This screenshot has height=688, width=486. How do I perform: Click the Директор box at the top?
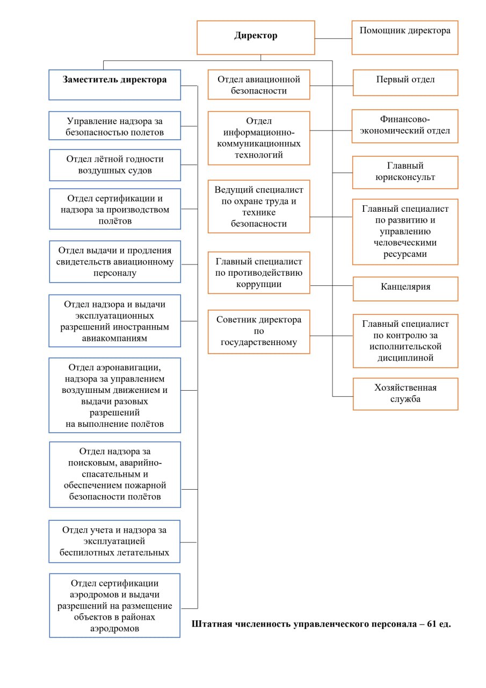(256, 38)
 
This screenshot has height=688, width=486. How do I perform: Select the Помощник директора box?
(405, 38)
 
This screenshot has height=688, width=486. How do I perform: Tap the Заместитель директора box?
(115, 85)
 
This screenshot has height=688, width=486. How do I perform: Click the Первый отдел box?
(405, 83)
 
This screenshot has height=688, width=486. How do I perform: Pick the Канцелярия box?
(405, 289)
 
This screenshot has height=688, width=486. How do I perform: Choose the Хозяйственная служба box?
(405, 394)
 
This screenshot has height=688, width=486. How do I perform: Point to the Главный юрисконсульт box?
(405, 173)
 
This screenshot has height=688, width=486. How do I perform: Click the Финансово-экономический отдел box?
(405, 126)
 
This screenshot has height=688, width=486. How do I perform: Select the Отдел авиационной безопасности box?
(259, 84)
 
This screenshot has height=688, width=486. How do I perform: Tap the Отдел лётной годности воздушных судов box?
(115, 165)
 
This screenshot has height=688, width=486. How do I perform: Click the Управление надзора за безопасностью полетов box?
(115, 126)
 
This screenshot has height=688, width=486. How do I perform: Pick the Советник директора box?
(259, 332)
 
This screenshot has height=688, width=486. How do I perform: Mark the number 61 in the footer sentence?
(431, 623)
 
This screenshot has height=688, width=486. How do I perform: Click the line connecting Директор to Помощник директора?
(333, 38)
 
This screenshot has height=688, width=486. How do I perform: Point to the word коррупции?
(259, 284)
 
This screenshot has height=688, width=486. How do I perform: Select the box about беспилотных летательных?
(114, 541)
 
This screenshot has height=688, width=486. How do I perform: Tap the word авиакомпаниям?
(114, 338)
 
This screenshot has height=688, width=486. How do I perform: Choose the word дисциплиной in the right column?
(405, 358)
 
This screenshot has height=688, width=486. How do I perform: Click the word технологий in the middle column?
(259, 155)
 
